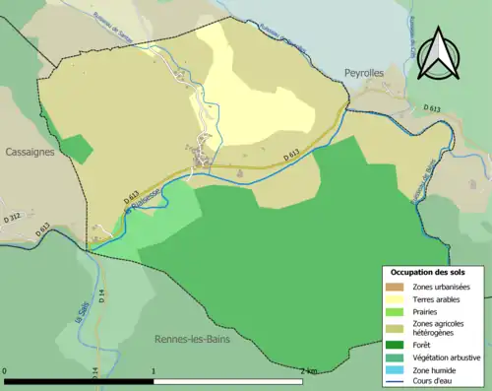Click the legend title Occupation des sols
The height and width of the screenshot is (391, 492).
tap(428, 271)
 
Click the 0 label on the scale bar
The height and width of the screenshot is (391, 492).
tap(6, 371)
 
